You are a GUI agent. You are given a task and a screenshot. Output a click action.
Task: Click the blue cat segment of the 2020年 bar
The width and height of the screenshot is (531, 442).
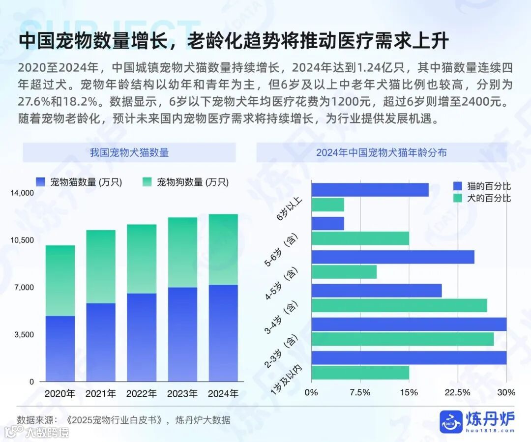click(59, 348)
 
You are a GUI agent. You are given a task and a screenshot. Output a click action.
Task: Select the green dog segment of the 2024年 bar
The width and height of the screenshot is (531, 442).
click(223, 249)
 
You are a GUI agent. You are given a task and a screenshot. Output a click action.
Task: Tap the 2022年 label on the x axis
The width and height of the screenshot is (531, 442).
click(142, 394)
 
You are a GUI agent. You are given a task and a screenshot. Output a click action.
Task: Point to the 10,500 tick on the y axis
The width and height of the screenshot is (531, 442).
click(22, 240)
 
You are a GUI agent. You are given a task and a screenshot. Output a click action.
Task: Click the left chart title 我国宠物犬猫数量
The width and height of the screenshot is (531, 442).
click(129, 152)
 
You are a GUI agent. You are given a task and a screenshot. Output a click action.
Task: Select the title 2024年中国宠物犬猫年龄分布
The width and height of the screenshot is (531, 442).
click(382, 152)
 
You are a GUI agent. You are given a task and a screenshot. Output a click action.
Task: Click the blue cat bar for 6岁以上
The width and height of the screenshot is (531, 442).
click(370, 190)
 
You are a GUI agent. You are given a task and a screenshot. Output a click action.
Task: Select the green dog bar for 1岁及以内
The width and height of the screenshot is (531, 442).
click(360, 373)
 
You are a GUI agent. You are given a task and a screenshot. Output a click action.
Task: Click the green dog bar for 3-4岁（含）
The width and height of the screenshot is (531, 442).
click(399, 305)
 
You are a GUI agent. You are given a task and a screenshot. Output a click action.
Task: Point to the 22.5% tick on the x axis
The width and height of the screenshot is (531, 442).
click(457, 392)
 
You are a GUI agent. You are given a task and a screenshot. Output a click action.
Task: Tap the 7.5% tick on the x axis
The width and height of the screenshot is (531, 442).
click(360, 392)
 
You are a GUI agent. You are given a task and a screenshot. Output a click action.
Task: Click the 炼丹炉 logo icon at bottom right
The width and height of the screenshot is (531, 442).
click(451, 421)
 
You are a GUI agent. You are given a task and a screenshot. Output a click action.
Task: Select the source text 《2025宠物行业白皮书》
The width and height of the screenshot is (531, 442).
click(116, 420)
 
